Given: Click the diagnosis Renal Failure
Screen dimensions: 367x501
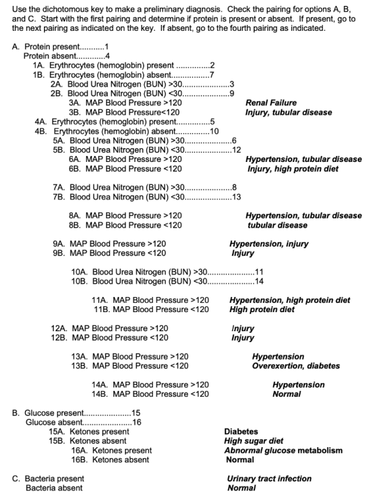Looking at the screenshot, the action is pyautogui.click(x=271, y=103).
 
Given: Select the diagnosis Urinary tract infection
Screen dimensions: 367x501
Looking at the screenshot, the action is pyautogui.click(x=269, y=479).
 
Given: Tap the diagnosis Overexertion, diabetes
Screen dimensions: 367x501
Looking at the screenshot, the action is pyautogui.click(x=296, y=366).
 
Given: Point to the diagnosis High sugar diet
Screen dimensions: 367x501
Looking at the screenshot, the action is pyautogui.click(x=254, y=441).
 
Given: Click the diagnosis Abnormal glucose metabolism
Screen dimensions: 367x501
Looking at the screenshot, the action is pyautogui.click(x=283, y=451).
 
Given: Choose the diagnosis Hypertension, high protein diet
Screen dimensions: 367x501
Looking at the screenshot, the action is pyautogui.click(x=290, y=300).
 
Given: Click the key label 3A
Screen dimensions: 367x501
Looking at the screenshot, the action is pyautogui.click(x=75, y=103).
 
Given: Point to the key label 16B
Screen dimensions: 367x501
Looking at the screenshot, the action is pyautogui.click(x=79, y=460).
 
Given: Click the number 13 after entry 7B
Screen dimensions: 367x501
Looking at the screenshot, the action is pyautogui.click(x=237, y=197).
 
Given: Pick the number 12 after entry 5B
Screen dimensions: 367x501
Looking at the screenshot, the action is pyautogui.click(x=237, y=150).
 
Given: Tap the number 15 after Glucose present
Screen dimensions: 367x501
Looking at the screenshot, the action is pyautogui.click(x=136, y=413).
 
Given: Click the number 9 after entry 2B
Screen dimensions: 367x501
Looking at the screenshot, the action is pyautogui.click(x=232, y=94).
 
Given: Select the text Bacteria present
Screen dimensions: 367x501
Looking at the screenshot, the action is pyautogui.click(x=54, y=479).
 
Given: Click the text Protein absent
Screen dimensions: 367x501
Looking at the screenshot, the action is pyautogui.click(x=50, y=56).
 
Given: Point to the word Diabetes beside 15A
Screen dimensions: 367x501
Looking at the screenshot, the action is pyautogui.click(x=241, y=431).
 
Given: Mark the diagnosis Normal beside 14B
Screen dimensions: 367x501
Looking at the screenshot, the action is pyautogui.click(x=286, y=394).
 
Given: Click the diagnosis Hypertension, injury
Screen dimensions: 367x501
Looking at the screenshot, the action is pyautogui.click(x=269, y=244).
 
